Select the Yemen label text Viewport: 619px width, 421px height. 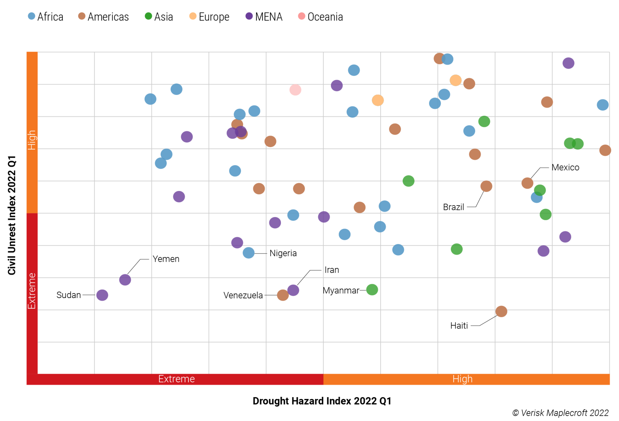click(166, 259)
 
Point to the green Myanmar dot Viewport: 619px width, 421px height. click(372, 290)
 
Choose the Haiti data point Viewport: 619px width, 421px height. click(501, 311)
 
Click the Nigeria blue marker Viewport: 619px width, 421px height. click(248, 253)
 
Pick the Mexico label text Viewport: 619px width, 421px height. click(565, 167)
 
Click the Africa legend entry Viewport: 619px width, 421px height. click(46, 17)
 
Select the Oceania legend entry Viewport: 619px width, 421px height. click(320, 17)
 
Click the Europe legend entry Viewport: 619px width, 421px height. click(209, 17)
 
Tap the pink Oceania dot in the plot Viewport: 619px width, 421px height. click(295, 90)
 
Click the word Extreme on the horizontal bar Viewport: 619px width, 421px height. click(176, 379)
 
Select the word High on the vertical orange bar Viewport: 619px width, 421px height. click(32, 140)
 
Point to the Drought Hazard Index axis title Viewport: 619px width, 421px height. click(322, 401)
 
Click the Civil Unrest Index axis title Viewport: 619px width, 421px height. click(12, 215)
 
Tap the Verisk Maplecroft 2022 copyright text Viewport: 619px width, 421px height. click(560, 413)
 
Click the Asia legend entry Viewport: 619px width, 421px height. click(159, 17)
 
